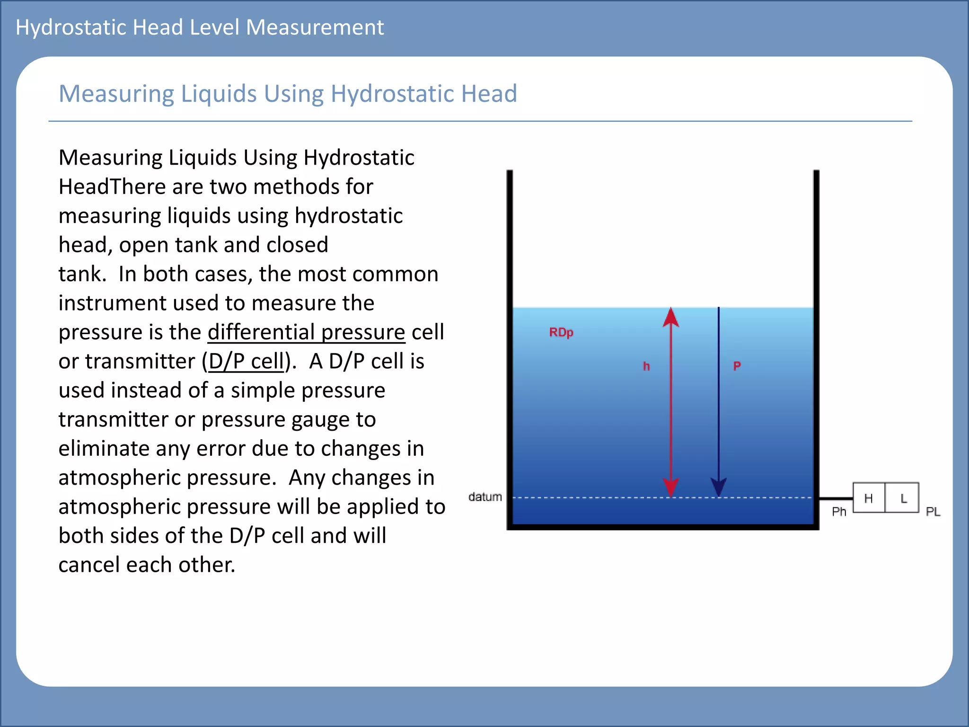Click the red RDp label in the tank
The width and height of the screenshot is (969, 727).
tap(561, 332)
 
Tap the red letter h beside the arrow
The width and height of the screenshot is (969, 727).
tap(646, 366)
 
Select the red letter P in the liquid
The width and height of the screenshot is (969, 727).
tap(737, 366)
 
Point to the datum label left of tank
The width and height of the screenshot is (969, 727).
tap(485, 497)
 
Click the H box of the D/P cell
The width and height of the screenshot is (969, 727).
tap(869, 498)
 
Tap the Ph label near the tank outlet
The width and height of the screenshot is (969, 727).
tap(839, 512)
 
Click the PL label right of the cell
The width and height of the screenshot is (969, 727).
tap(933, 512)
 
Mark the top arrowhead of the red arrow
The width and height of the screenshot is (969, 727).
tap(671, 317)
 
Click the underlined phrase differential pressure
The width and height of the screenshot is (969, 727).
tap(306, 332)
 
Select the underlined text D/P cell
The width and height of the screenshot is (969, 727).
tap(246, 362)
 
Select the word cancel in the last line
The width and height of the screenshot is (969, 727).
tap(89, 565)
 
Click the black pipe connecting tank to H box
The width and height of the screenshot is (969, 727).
tap(836, 498)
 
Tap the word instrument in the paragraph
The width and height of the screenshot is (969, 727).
tap(112, 303)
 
